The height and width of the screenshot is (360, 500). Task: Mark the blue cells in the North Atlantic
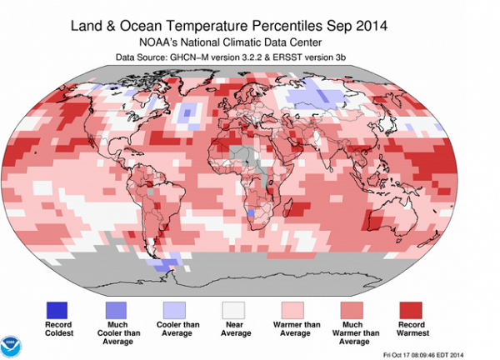pos(192,112)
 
